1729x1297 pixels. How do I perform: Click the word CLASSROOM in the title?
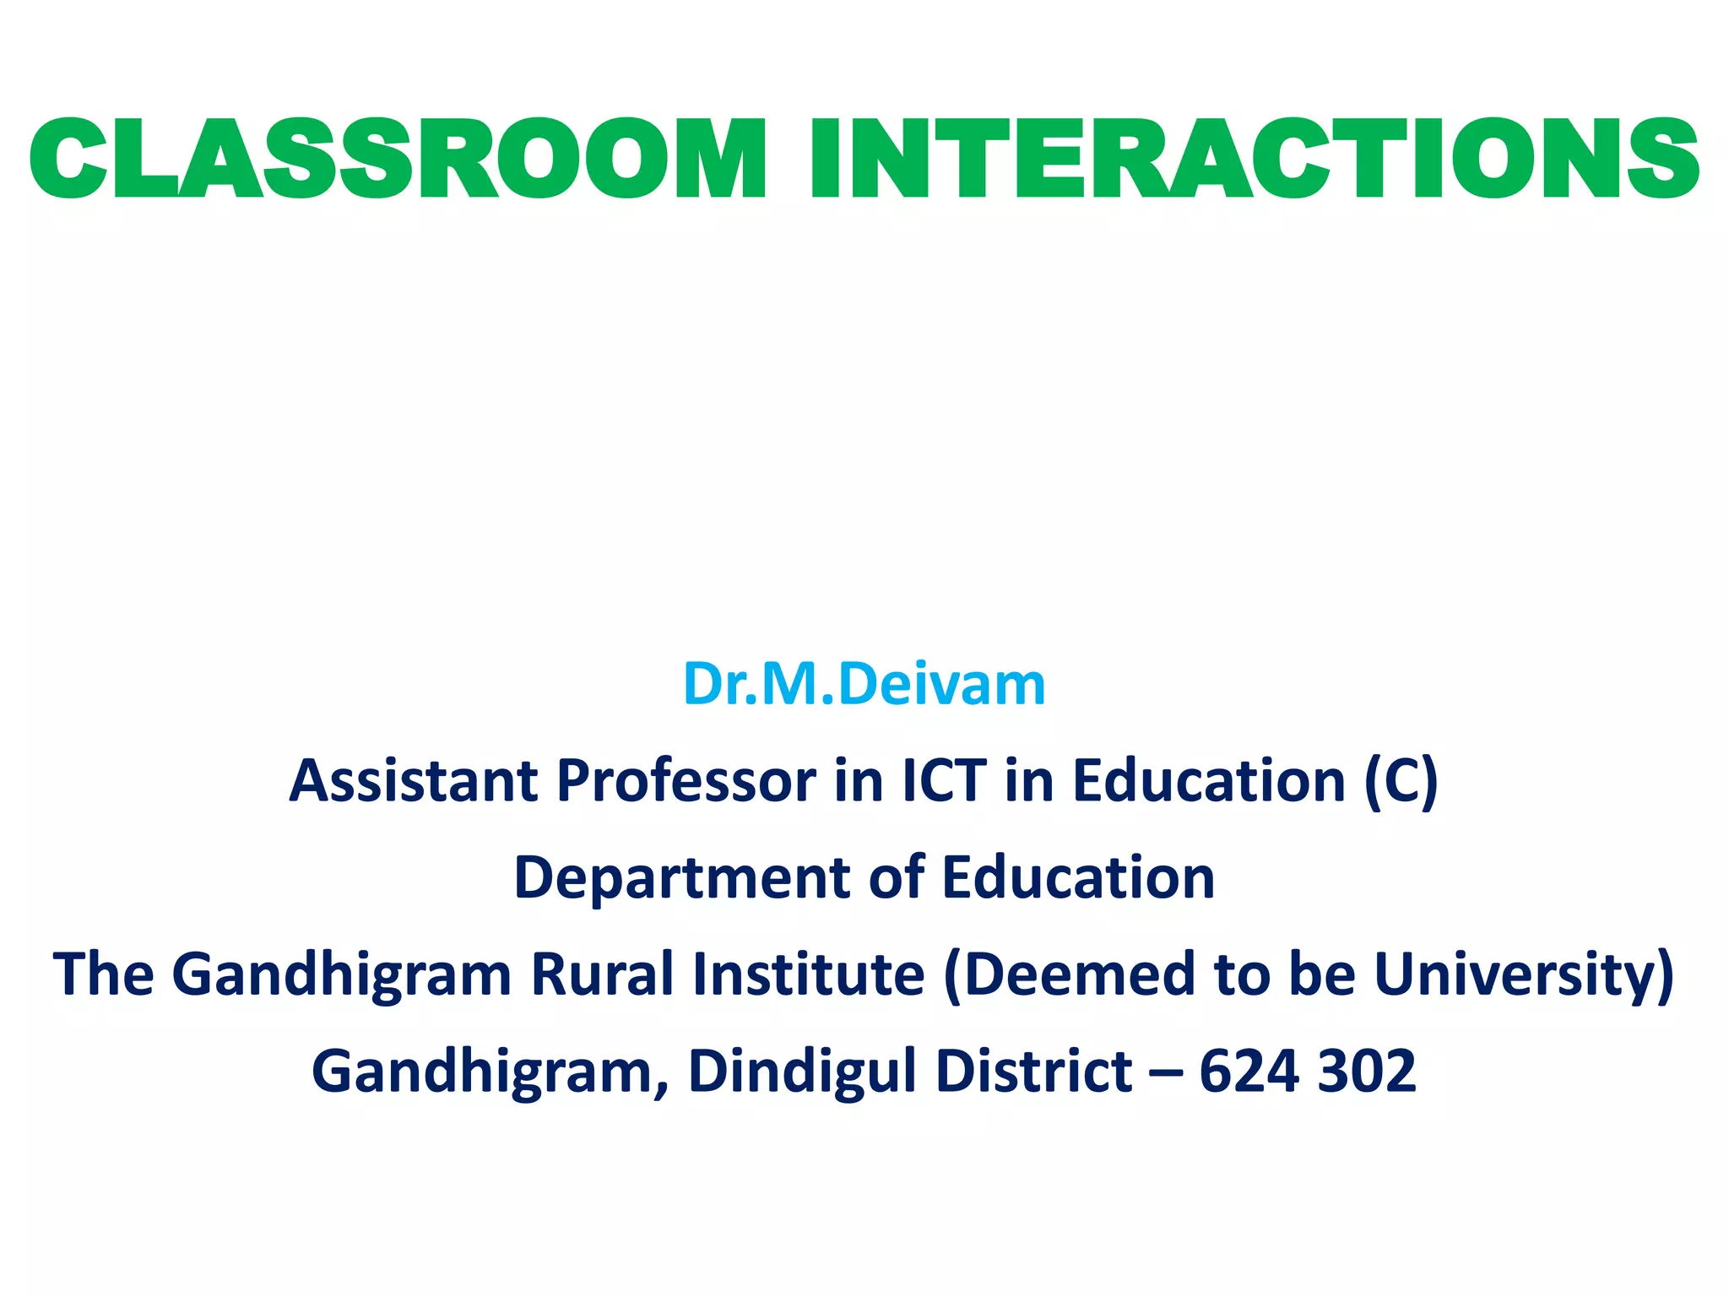[x=397, y=160]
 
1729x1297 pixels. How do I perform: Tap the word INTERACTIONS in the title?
[x=1254, y=160]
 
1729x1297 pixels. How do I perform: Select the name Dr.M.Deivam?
[x=864, y=684]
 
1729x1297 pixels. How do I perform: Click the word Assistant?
[x=414, y=780]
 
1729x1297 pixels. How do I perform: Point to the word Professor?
[x=686, y=780]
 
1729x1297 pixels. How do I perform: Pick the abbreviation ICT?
[x=944, y=780]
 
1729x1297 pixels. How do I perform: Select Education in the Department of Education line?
[x=1078, y=878]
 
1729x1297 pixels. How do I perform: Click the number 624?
[x=1249, y=1071]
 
